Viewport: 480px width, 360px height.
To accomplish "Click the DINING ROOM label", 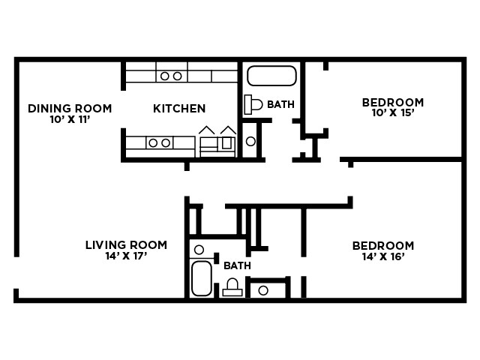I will (x=70, y=109).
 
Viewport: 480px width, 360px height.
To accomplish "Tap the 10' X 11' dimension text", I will (x=70, y=119).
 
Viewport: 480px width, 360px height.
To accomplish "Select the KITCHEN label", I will (x=179, y=109).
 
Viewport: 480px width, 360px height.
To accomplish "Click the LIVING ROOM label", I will (x=126, y=245).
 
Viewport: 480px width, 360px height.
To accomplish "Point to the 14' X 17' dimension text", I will (x=126, y=256).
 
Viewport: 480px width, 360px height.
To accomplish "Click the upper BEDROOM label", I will (x=392, y=103).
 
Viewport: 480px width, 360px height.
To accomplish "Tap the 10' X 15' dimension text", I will (x=392, y=113).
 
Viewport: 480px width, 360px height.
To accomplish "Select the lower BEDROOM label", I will (x=382, y=246).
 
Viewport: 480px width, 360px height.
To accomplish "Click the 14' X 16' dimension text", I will (x=382, y=256).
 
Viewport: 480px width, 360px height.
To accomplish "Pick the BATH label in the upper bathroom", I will (x=280, y=104).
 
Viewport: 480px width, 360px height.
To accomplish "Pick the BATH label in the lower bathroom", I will (x=237, y=265).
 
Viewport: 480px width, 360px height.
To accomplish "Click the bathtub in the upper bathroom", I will (x=271, y=76).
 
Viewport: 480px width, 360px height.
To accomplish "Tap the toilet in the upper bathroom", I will (x=253, y=104).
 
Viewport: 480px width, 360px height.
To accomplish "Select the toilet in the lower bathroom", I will (x=232, y=287).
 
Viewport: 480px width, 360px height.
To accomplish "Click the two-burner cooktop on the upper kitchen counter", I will (x=171, y=76).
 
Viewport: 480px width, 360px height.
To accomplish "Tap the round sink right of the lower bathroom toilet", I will (x=263, y=289).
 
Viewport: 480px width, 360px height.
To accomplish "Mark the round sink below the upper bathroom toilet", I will (x=250, y=141).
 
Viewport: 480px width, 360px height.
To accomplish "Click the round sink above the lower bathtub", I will (x=199, y=250).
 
